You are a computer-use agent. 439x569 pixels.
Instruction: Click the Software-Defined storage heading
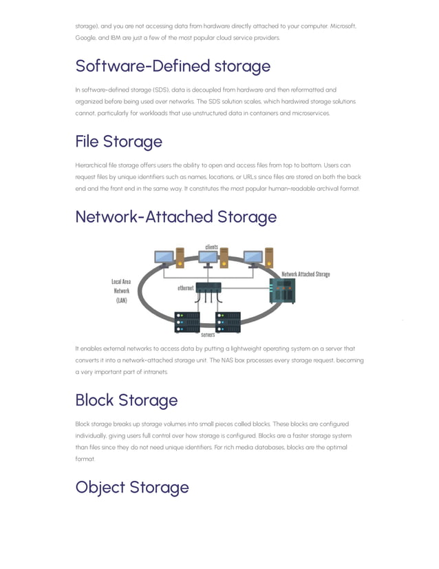[x=173, y=66]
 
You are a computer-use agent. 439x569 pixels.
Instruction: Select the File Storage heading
[x=118, y=141]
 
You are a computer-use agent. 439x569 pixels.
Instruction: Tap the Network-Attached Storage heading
[x=175, y=216]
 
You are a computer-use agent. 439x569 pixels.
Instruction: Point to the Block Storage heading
[x=126, y=400]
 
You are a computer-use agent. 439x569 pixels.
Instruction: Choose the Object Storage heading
[x=131, y=487]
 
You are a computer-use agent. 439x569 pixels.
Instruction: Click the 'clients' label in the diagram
[x=212, y=247]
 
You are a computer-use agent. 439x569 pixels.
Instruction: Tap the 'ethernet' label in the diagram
[x=185, y=288]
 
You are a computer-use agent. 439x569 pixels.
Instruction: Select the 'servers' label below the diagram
[x=208, y=335]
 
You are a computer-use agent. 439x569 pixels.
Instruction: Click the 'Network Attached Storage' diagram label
[x=306, y=274]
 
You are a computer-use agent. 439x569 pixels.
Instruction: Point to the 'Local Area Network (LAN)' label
[x=122, y=291]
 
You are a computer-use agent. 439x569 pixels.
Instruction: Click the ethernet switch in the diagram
[x=208, y=287]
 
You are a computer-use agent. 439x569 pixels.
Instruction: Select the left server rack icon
[x=187, y=321]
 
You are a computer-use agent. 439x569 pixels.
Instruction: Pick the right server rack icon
[x=228, y=321]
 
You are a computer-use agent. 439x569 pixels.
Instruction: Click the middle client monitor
[x=207, y=258]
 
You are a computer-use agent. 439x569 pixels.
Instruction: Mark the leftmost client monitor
[x=164, y=258]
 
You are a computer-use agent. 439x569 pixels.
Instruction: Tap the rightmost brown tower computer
[x=269, y=257]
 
